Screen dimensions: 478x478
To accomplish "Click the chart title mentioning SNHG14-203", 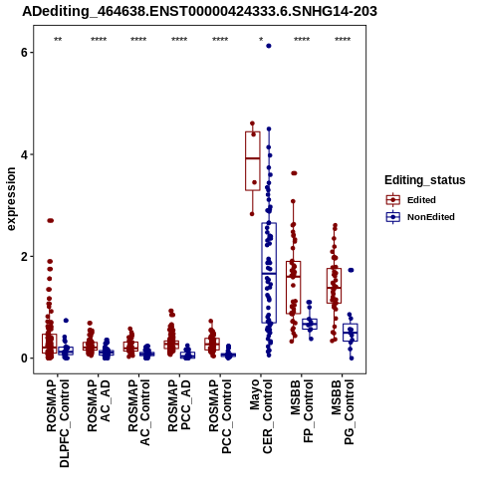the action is point(199,11).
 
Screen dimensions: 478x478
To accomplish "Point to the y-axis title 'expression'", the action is point(11,199).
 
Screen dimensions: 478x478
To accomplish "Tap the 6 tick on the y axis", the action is point(24,53).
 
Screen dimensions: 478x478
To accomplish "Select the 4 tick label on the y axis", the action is point(24,154).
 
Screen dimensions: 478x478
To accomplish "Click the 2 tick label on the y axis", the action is point(24,257).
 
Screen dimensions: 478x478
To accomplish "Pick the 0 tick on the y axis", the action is point(24,358).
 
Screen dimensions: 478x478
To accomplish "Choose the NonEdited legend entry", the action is point(420,217).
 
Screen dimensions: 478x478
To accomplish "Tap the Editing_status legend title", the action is point(425,180).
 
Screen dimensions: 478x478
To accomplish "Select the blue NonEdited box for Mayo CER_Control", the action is point(269,274).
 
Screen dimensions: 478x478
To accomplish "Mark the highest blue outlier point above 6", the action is point(269,46).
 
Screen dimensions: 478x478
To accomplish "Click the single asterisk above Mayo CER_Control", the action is point(261,40).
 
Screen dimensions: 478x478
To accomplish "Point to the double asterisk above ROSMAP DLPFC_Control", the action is point(58,40).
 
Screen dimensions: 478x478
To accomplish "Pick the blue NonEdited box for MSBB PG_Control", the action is point(351,332).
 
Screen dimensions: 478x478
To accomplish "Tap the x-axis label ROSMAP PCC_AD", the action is point(179,405).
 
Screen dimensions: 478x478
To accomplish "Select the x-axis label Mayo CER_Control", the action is point(261,416).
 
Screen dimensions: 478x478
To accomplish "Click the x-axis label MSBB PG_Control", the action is point(343,412).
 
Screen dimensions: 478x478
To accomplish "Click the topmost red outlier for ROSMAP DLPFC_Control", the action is point(51,220).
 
